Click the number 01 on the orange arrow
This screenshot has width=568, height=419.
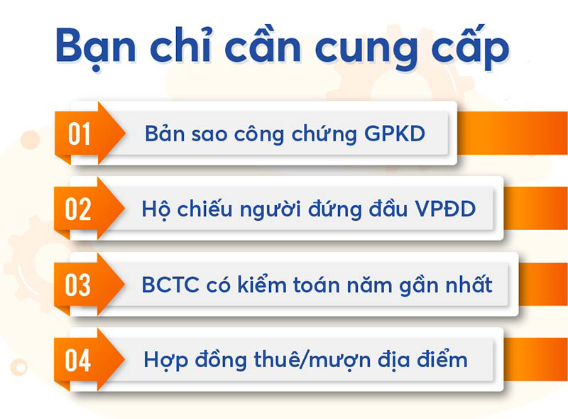point(80,134)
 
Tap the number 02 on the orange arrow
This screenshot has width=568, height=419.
point(78,209)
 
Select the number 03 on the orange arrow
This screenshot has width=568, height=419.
point(78,285)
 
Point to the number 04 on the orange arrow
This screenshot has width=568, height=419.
point(78,360)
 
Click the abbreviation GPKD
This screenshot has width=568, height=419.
point(395,134)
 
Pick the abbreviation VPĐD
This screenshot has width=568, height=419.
point(445,209)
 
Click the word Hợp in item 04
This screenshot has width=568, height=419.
point(165,361)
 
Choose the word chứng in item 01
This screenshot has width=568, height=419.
point(324,134)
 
